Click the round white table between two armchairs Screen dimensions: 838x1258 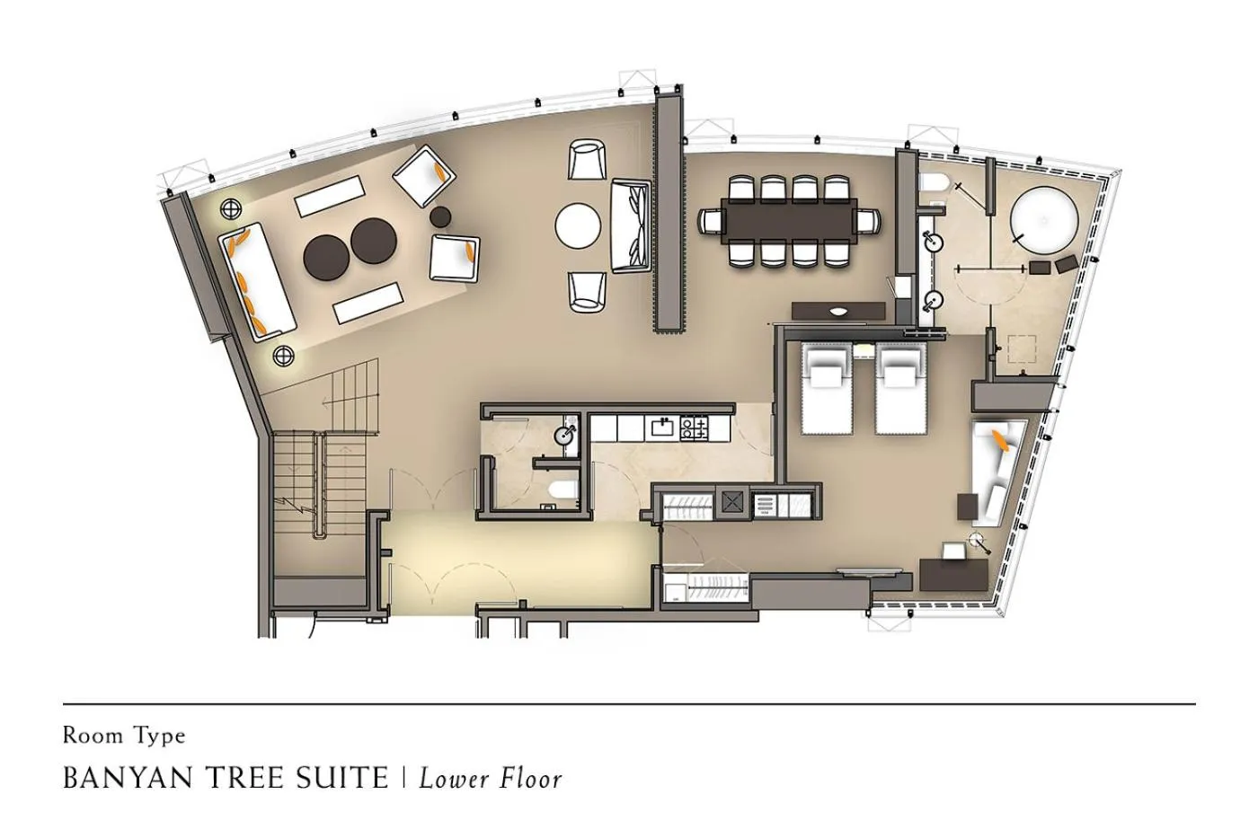click(x=577, y=225)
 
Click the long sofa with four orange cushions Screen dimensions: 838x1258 click(x=258, y=280)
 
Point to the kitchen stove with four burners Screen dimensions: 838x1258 click(x=693, y=427)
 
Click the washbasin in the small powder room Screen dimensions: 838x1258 click(x=565, y=436)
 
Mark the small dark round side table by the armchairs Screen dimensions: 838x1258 click(x=440, y=216)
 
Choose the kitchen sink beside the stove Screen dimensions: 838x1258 click(x=663, y=427)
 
